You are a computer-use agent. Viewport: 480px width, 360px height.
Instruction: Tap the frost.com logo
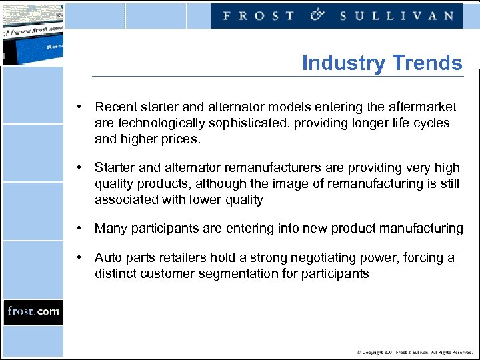[33, 311]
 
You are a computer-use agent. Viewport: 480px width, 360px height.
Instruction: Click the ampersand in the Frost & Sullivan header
[317, 15]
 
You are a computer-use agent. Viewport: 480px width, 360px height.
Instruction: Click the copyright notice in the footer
[415, 352]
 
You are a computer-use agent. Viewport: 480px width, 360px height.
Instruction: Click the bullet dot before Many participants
[79, 229]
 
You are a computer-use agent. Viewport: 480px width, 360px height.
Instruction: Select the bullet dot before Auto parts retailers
[79, 257]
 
